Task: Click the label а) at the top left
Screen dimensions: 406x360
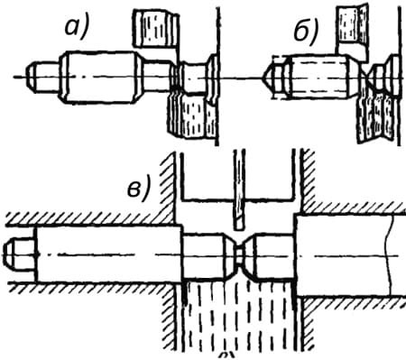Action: pyautogui.click(x=77, y=28)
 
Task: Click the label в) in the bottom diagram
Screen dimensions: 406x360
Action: pyautogui.click(x=138, y=188)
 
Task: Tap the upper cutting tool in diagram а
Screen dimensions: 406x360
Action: pyautogui.click(x=156, y=30)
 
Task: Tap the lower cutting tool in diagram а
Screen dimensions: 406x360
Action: pyautogui.click(x=191, y=115)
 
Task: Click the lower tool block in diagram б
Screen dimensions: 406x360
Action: pyautogui.click(x=375, y=117)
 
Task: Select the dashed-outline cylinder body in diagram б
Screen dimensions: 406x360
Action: pyautogui.click(x=318, y=77)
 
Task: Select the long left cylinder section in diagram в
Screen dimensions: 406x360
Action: pyautogui.click(x=108, y=254)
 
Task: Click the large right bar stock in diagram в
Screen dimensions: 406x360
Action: pyautogui.click(x=351, y=255)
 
